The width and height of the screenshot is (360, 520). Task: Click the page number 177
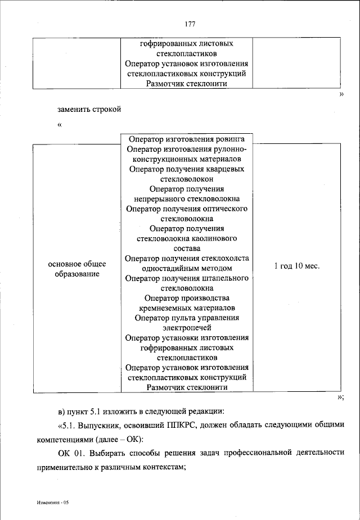point(190,24)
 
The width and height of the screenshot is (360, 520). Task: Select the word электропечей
point(187,328)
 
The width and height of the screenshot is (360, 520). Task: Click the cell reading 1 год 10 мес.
point(296,266)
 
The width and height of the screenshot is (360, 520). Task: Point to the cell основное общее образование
point(77,269)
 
